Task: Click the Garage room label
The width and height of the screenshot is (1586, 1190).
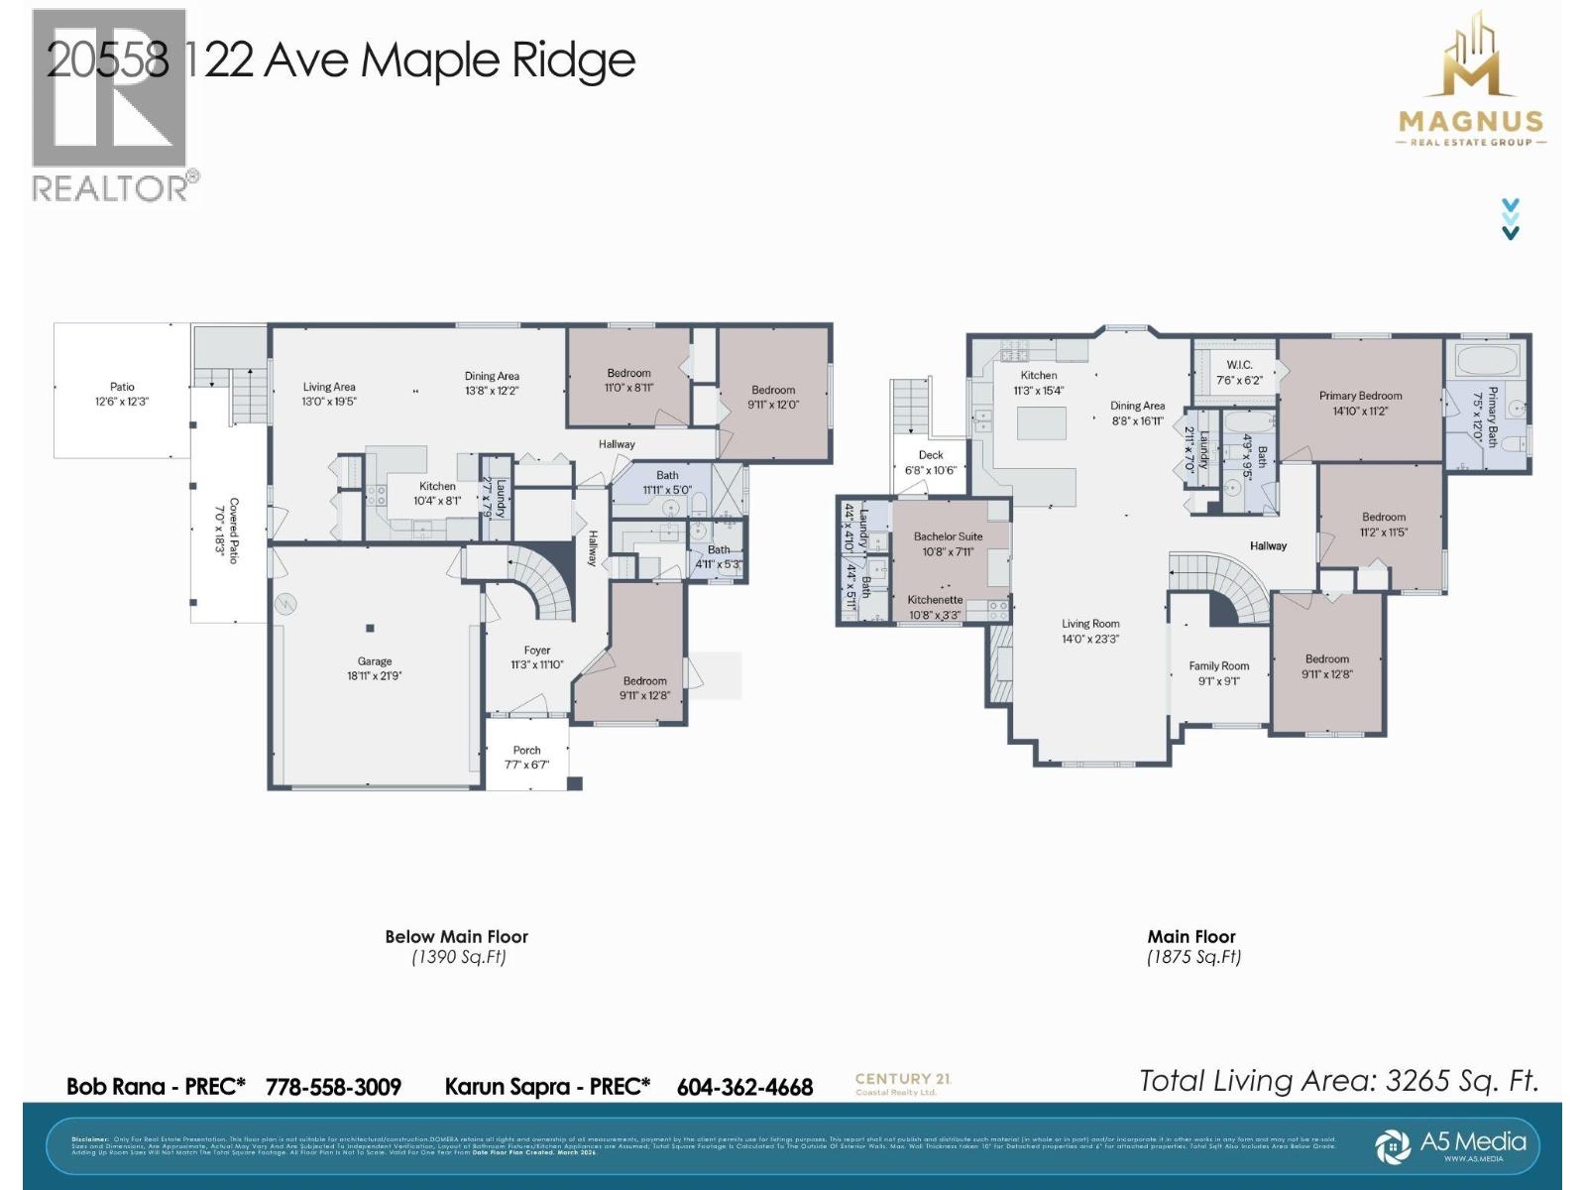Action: [375, 668]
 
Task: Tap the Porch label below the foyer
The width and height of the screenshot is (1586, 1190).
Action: [526, 757]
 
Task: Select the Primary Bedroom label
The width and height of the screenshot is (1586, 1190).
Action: [1360, 403]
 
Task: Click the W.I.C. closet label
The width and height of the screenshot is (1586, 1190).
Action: [1239, 372]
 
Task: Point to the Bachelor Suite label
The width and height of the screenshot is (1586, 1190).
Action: [948, 543]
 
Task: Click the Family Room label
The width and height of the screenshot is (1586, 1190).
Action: [1218, 673]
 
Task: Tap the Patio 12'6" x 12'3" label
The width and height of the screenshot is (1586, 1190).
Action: [122, 394]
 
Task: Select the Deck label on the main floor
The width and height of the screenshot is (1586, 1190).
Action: [930, 462]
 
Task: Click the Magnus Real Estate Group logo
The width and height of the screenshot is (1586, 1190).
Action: [1471, 84]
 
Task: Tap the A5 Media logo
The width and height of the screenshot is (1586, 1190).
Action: [1457, 1144]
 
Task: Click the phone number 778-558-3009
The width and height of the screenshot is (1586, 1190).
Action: [333, 1087]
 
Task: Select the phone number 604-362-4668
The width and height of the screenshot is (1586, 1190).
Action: [744, 1087]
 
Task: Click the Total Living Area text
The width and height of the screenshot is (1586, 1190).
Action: [1338, 1081]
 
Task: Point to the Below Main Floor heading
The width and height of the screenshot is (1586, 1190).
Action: [457, 936]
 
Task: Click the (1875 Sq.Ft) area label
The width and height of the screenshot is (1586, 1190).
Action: [1193, 957]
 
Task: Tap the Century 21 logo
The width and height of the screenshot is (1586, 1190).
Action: [901, 1083]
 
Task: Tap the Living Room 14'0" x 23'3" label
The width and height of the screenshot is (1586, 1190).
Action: [1090, 631]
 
